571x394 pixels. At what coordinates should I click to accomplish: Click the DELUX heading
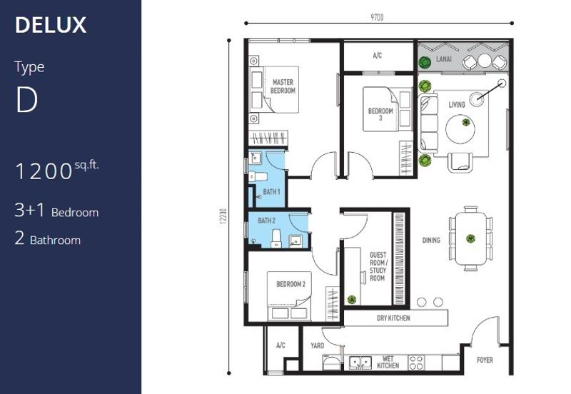click(x=51, y=25)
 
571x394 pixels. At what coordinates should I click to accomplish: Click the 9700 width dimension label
click(x=378, y=17)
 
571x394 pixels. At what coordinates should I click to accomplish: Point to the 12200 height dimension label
click(x=223, y=216)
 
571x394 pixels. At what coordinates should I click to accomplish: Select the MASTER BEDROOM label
click(x=283, y=86)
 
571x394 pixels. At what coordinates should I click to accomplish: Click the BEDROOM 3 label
click(x=380, y=114)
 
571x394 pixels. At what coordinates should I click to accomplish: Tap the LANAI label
click(x=444, y=59)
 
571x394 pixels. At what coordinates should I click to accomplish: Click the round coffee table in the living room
click(x=460, y=129)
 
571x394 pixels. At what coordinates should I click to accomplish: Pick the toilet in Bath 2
click(x=276, y=238)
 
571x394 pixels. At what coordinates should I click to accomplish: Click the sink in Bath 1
click(x=255, y=158)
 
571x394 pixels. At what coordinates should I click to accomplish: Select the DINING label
click(x=431, y=240)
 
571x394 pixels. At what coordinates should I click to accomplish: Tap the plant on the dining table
click(x=470, y=238)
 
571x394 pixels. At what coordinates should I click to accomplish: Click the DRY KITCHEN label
click(x=393, y=318)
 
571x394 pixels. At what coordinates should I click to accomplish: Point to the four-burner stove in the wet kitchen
click(x=416, y=363)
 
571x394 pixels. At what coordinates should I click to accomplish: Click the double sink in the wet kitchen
click(x=360, y=363)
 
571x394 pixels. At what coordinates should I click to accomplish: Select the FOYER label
click(x=485, y=360)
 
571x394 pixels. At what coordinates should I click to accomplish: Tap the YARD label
click(x=317, y=345)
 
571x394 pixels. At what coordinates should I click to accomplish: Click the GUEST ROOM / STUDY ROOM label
click(x=378, y=266)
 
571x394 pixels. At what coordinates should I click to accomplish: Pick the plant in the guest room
click(x=351, y=299)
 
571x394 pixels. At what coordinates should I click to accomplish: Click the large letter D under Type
click(x=26, y=100)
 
